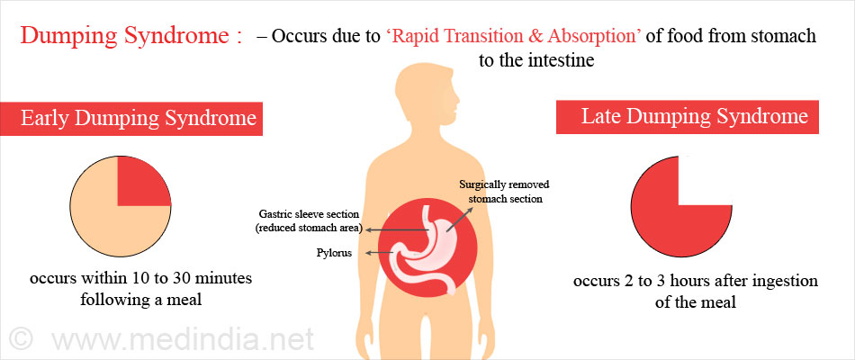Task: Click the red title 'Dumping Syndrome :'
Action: [131, 37]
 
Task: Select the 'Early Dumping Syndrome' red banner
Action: [130, 119]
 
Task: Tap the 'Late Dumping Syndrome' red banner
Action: [687, 117]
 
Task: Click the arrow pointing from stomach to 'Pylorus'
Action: [380, 253]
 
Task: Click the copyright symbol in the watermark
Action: [22, 339]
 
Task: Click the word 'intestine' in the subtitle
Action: [561, 59]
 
